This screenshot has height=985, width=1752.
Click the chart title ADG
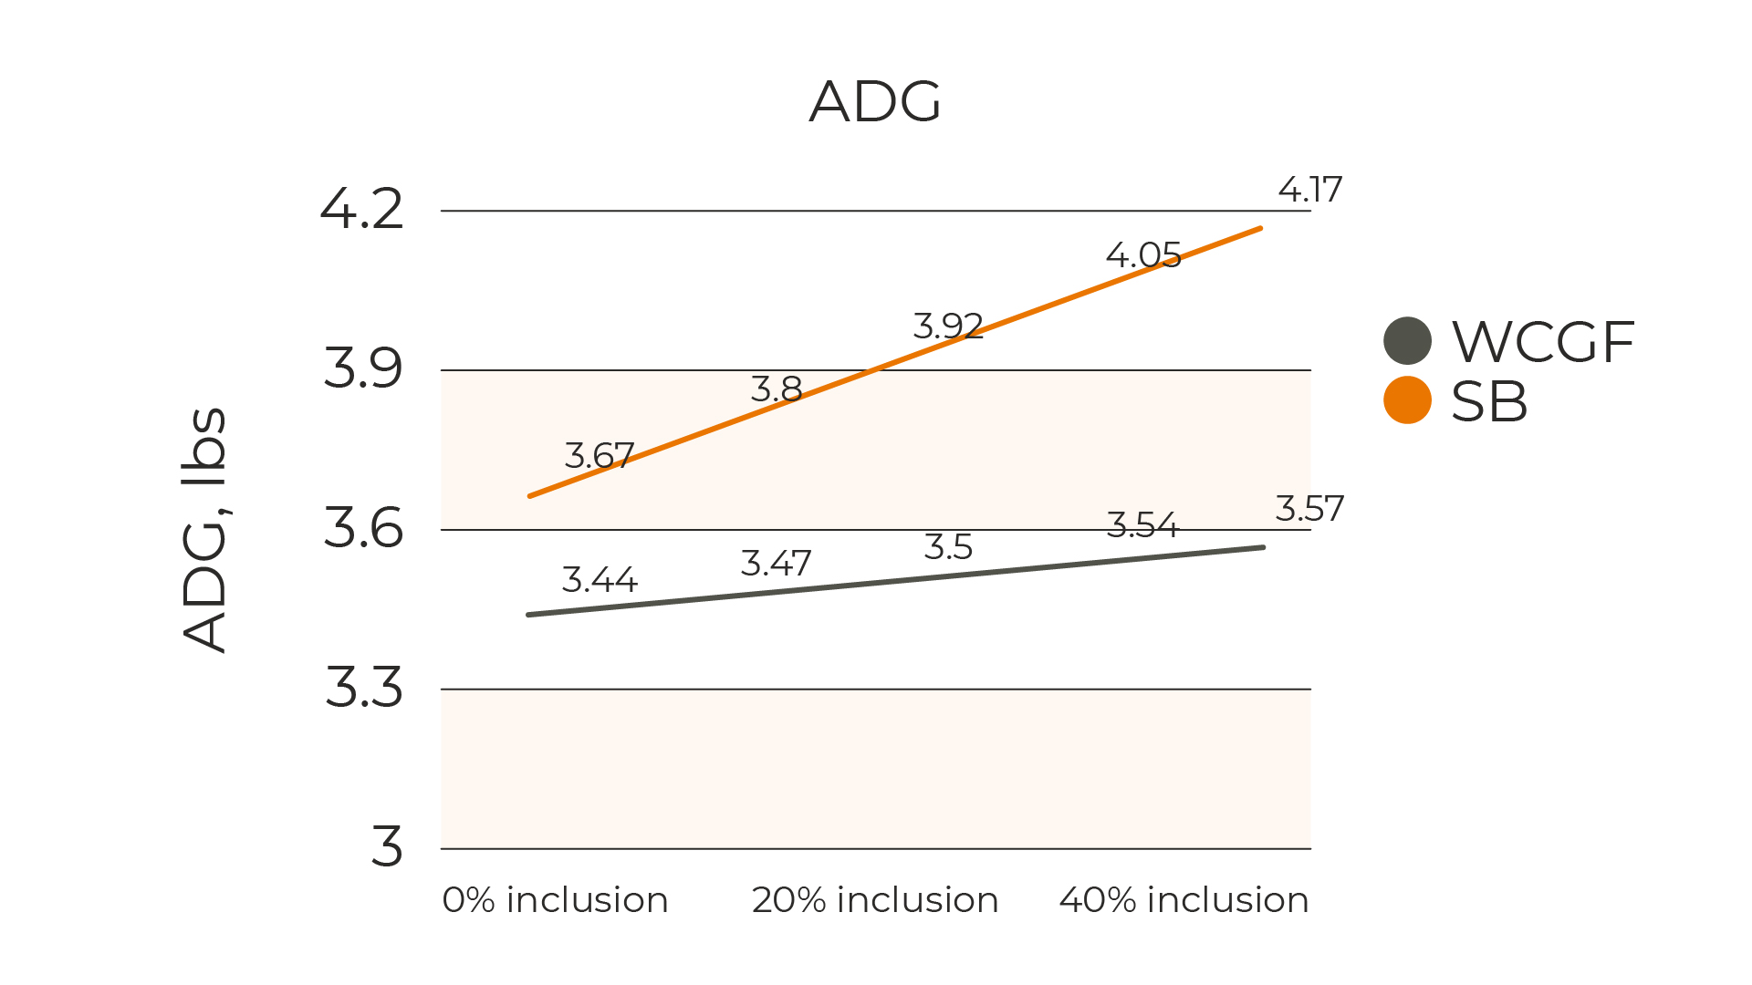coord(875,101)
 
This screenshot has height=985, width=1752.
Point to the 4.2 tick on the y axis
coord(362,210)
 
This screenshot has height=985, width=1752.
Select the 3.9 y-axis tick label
coord(363,369)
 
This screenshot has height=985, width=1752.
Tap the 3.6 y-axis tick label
coord(363,528)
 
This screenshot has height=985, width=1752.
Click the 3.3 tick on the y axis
coord(363,688)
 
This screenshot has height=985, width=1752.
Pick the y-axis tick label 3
coord(387,847)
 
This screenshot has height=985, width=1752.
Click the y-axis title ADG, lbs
coord(204,529)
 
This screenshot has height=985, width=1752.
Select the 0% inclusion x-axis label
coord(555,900)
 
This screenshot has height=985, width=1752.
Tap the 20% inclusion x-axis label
coord(875,900)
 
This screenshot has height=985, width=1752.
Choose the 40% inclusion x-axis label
coord(1184,900)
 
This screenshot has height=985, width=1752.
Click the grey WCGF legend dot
coord(1407,341)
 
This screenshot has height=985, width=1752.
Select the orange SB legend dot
coord(1407,400)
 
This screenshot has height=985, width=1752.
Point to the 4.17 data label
coord(1310,190)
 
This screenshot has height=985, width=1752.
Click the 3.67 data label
coord(599,455)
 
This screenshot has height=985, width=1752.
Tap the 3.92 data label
coord(948,326)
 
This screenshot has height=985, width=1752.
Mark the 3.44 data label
coord(600,579)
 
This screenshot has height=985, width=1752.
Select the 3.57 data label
coord(1309,508)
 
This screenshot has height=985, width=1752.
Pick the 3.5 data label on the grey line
coord(948,547)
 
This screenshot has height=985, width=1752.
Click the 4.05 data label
coord(1143,254)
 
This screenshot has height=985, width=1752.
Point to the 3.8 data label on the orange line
coord(777,389)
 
